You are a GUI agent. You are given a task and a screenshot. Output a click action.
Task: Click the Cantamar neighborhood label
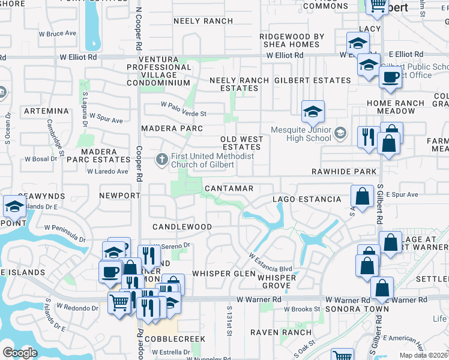coord(228,188)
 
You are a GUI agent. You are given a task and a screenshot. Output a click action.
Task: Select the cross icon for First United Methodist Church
coord(161,160)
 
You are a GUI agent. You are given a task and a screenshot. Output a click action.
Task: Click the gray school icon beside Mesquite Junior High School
coord(340,133)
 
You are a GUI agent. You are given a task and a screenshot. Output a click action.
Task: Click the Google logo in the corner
coord(20,352)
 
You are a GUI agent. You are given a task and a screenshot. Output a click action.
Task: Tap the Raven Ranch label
coord(281,332)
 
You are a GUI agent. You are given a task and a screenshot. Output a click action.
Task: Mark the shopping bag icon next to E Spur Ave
coord(363,196)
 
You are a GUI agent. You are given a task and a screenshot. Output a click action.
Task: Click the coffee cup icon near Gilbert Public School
coord(390,77)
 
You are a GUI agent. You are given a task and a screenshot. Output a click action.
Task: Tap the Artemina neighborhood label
coord(46,112)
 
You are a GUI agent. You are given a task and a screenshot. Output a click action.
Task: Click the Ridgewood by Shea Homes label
coord(292,40)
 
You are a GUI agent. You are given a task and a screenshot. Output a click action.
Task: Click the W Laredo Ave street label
coord(107,172)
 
